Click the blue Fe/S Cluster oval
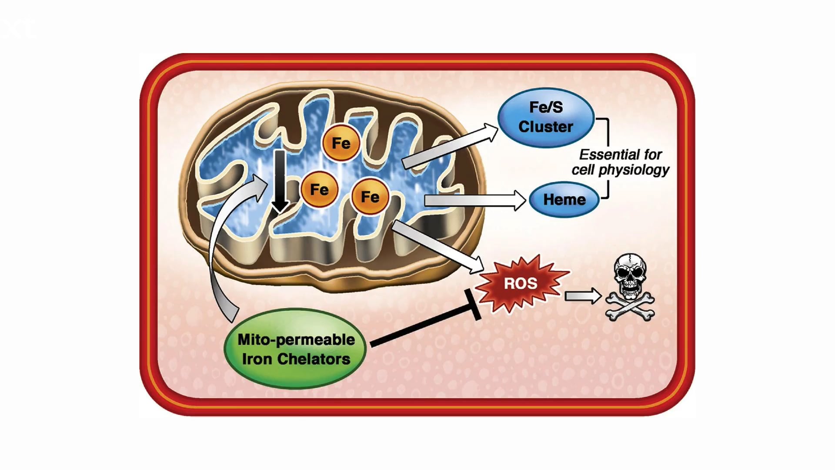pyautogui.click(x=545, y=117)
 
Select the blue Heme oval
pyautogui.click(x=564, y=200)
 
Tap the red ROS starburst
pyautogui.click(x=521, y=283)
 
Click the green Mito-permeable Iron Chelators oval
pyautogui.click(x=296, y=349)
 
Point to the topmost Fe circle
pyautogui.click(x=341, y=143)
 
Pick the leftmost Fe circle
pyautogui.click(x=319, y=189)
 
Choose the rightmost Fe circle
pyautogui.click(x=370, y=197)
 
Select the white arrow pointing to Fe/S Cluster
pyautogui.click(x=448, y=146)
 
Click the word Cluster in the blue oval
pyautogui.click(x=545, y=127)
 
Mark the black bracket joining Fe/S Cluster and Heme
pyautogui.click(x=607, y=157)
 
